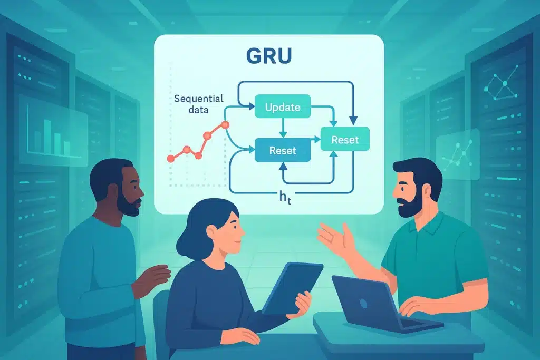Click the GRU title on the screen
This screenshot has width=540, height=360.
269,56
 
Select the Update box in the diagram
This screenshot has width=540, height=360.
283,107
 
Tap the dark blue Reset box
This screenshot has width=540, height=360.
283,151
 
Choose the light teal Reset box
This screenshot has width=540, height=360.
345,140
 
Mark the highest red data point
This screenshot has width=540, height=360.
225,125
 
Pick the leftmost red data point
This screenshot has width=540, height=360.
170,158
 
